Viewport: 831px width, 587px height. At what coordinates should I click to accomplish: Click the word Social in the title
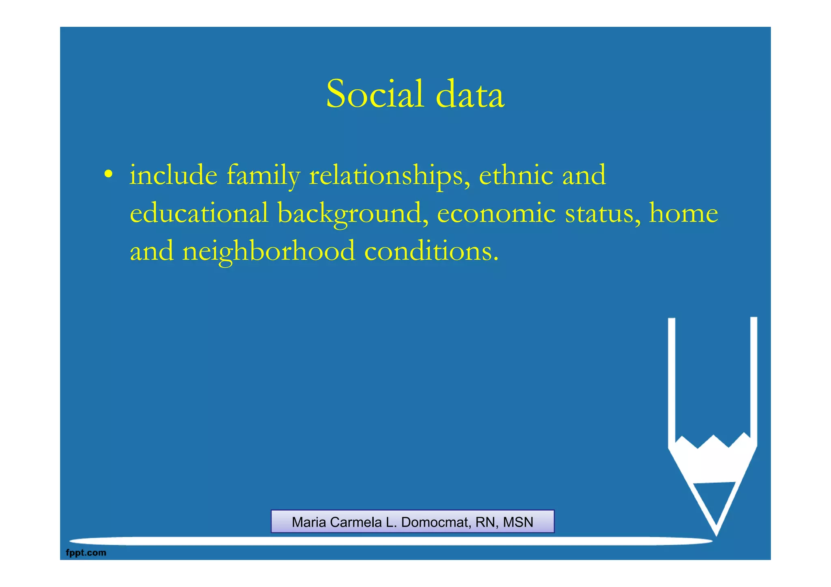[x=375, y=94]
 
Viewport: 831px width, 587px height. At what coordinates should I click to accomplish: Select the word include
[x=173, y=175]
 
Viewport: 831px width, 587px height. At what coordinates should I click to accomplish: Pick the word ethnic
[x=516, y=175]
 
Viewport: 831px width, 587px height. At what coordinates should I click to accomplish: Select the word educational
[x=199, y=213]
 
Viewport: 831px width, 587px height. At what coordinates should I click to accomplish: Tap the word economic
[x=496, y=213]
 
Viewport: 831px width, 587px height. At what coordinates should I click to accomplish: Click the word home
[x=683, y=213]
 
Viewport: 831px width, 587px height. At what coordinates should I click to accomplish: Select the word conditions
[x=431, y=251]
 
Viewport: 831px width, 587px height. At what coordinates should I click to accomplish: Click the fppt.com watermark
[x=86, y=553]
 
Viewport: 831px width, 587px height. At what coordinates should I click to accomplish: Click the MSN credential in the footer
[x=518, y=522]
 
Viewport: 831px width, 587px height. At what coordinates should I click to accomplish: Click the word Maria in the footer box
[x=309, y=522]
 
